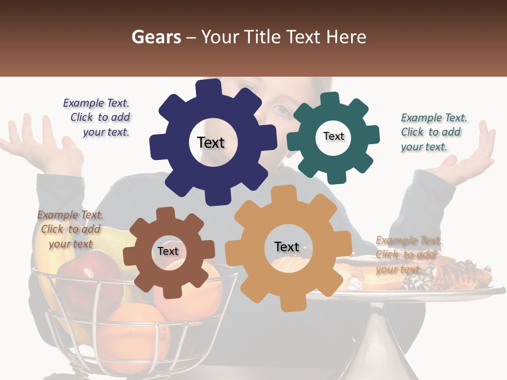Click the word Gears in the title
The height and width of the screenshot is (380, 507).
[156, 37]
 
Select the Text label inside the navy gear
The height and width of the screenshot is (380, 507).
[211, 142]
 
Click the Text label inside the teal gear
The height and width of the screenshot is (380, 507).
[333, 136]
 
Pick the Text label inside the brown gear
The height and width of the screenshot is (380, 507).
[168, 252]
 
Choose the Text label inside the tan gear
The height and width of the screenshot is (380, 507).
[287, 247]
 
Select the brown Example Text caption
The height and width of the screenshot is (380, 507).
[70, 229]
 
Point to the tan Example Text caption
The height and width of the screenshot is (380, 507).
[407, 254]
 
